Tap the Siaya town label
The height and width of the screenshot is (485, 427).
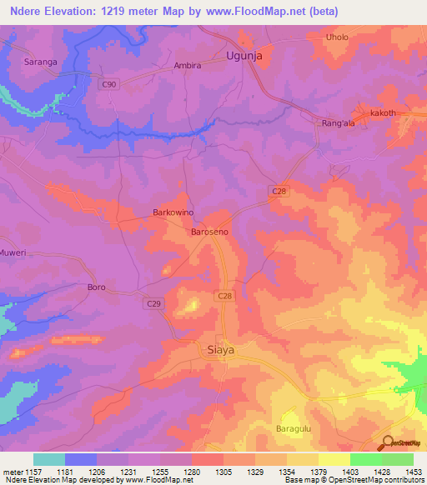pyautogui.click(x=219, y=351)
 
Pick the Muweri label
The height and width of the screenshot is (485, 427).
pyautogui.click(x=13, y=252)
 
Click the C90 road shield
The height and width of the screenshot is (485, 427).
pyautogui.click(x=108, y=83)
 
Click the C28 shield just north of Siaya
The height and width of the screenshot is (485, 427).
pyautogui.click(x=224, y=296)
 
